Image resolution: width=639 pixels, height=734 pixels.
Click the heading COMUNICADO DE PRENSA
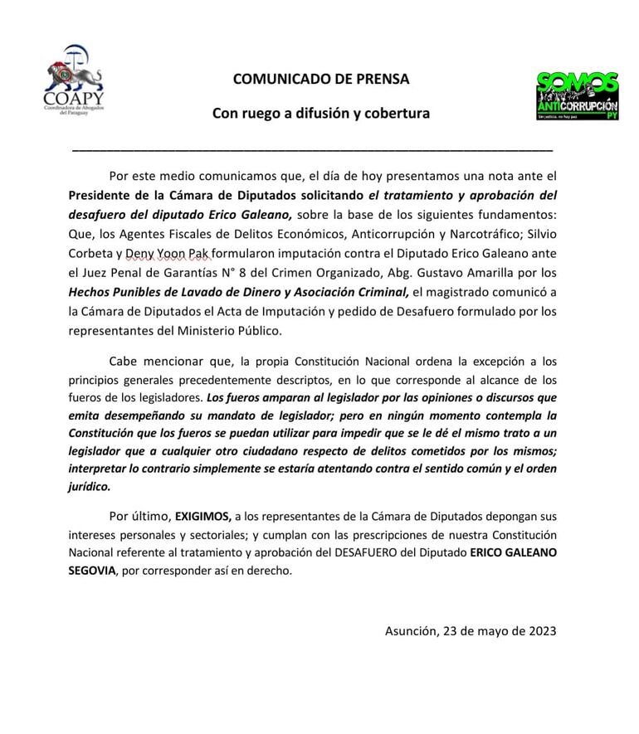point(321,80)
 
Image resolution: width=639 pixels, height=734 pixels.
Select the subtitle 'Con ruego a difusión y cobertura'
point(321,114)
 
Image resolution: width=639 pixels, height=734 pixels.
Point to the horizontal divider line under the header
point(313,150)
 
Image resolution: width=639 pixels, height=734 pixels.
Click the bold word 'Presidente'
point(102,196)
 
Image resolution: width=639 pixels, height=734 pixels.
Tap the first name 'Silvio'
point(538,235)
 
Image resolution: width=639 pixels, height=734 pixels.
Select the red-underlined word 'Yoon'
point(173,253)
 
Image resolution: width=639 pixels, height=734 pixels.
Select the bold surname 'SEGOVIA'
point(93,571)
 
